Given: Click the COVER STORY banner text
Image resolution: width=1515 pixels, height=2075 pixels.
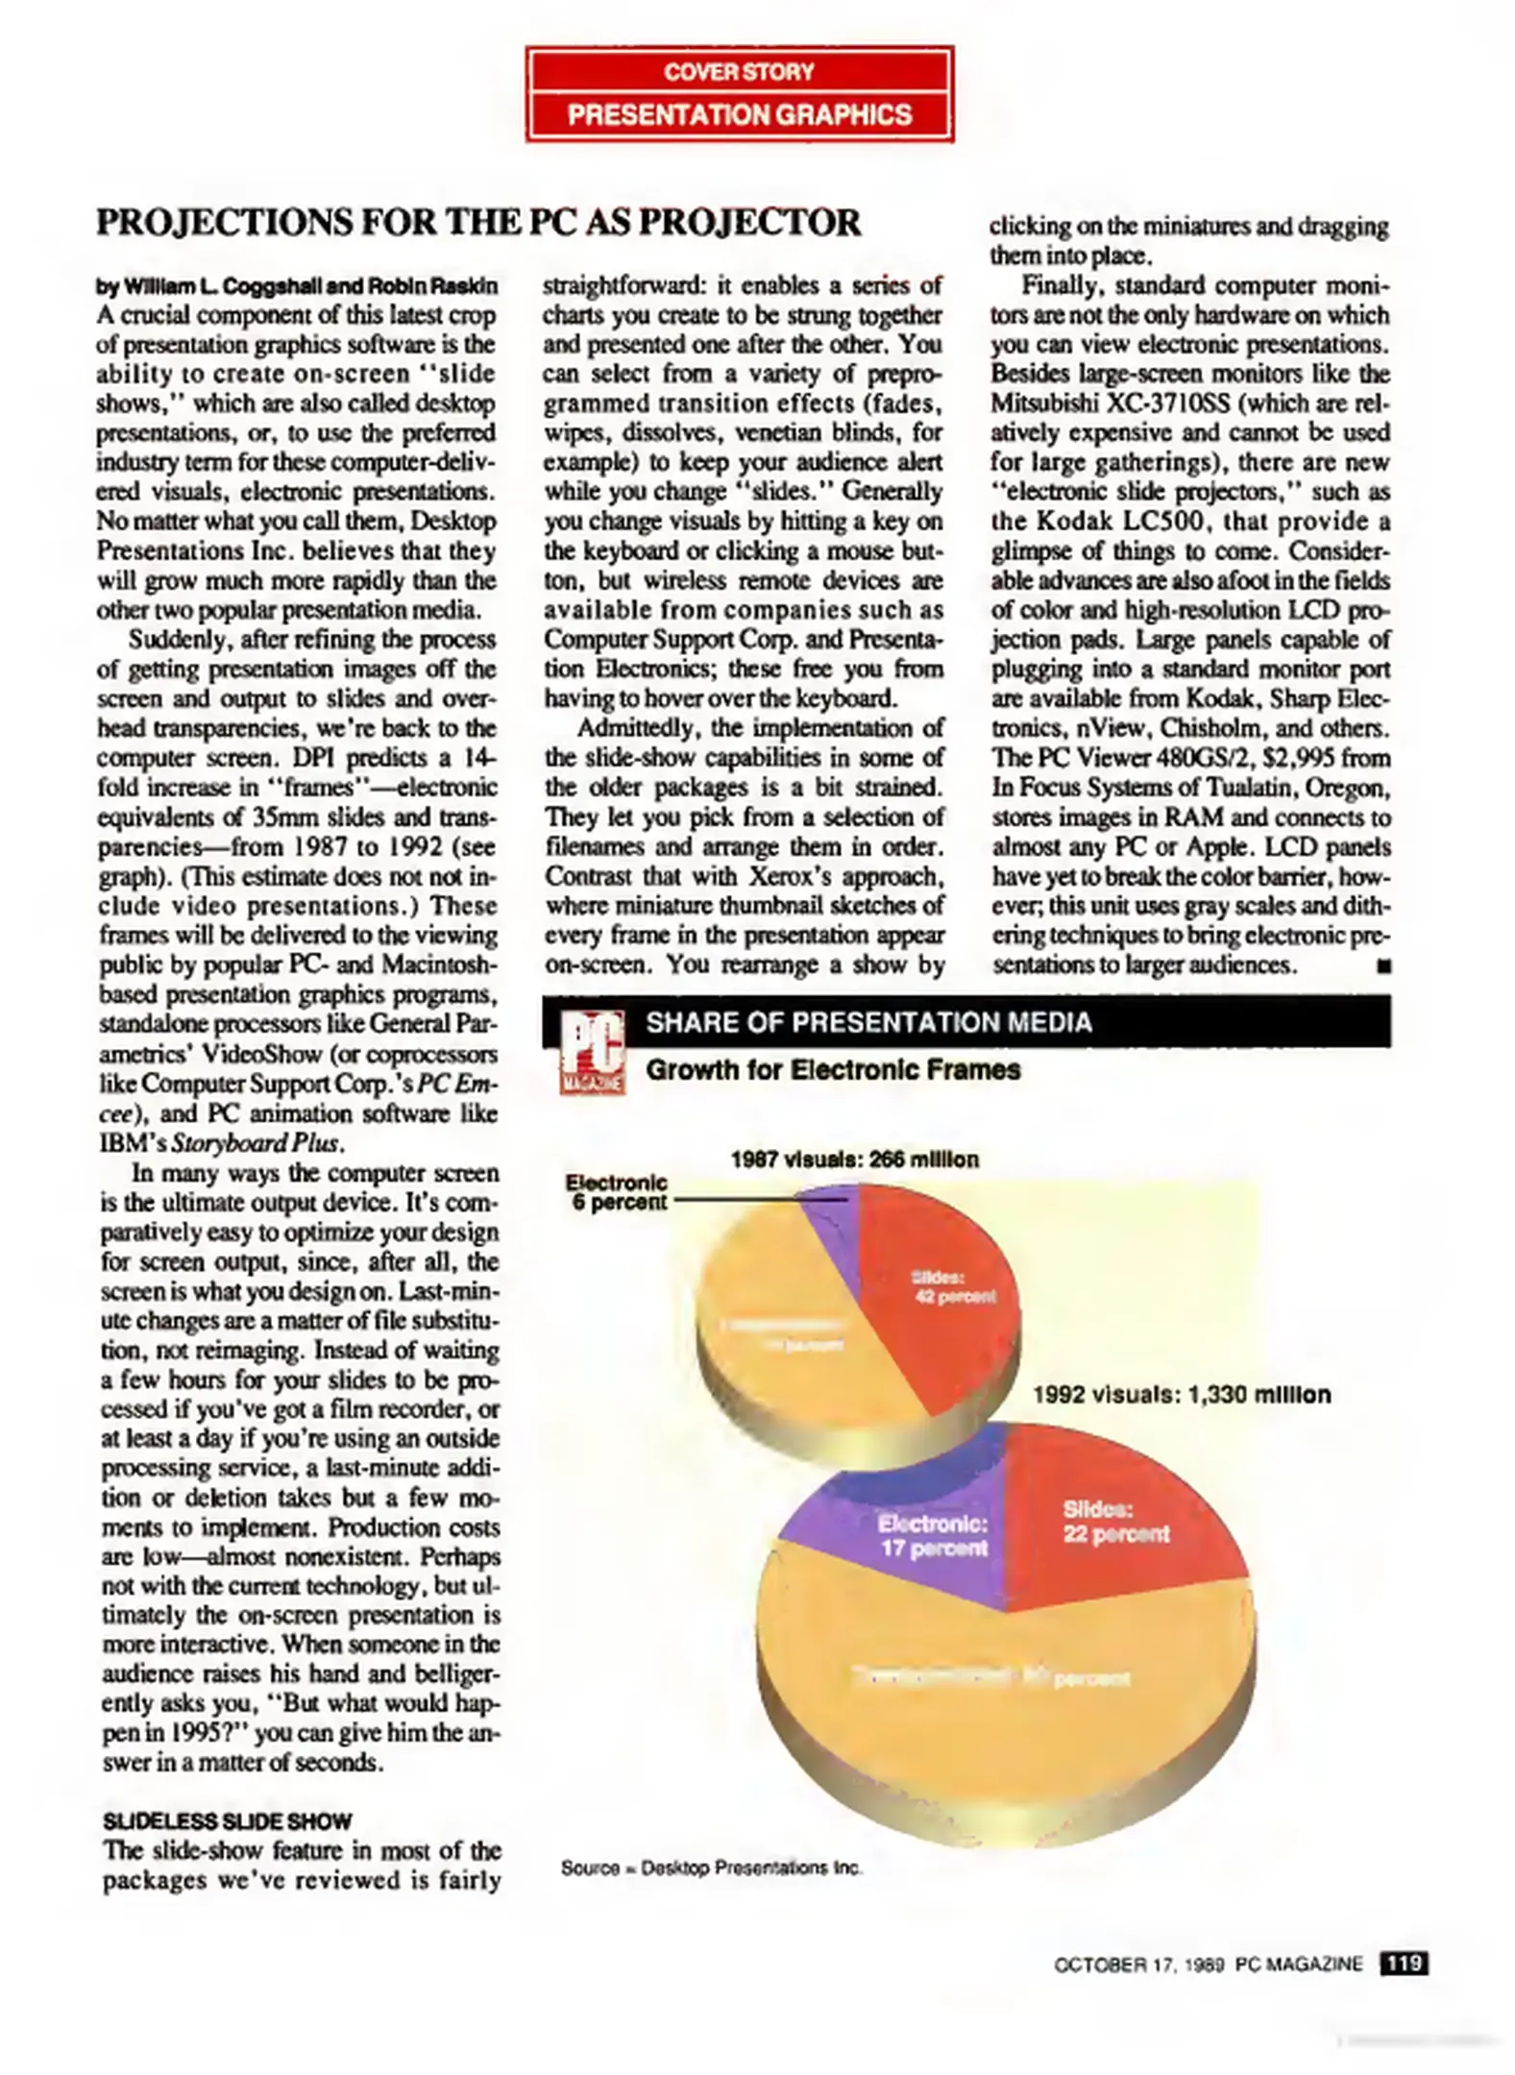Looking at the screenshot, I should click(739, 71).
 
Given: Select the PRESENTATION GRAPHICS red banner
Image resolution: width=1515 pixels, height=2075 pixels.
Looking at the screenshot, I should click(739, 115).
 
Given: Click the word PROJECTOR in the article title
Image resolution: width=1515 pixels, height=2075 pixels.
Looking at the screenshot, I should click(749, 223).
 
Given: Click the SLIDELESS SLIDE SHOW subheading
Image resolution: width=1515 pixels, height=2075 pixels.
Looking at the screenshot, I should click(228, 1821).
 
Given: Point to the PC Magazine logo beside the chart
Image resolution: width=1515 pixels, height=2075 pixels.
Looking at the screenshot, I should click(591, 1053).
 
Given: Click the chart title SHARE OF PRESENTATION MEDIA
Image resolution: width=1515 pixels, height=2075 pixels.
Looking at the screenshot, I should click(868, 1022).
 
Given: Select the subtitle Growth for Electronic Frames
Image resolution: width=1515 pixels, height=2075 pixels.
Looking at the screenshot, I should click(833, 1070).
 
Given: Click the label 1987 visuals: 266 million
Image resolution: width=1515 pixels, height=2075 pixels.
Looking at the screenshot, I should click(854, 1160).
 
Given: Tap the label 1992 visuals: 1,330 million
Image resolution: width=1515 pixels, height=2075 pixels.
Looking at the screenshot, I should click(1182, 1395).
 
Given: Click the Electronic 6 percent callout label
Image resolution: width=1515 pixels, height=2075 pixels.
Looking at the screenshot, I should click(616, 1192).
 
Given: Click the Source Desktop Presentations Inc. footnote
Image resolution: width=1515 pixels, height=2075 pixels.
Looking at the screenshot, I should click(712, 1868).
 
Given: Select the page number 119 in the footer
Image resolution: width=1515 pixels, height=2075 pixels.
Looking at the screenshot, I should click(1404, 1964).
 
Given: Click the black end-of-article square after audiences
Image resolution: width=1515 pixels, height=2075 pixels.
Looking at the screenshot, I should click(1383, 966).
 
